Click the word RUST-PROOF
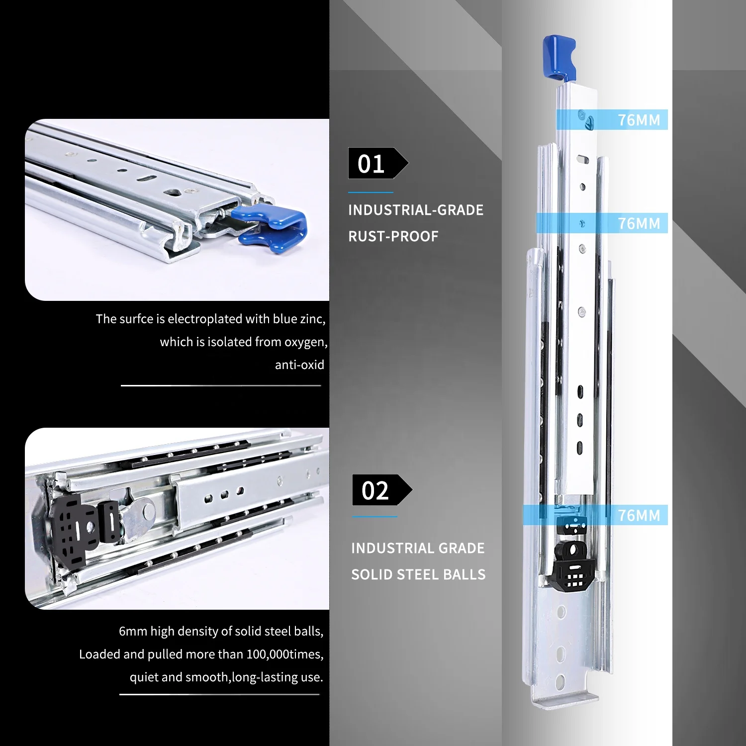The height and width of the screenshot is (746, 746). [393, 236]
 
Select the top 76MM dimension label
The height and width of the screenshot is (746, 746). [639, 120]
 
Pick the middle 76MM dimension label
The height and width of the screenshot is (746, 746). [639, 223]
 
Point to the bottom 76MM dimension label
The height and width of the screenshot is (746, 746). [639, 515]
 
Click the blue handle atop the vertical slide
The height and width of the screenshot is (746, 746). [559, 56]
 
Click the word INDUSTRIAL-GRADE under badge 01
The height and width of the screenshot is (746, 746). [416, 210]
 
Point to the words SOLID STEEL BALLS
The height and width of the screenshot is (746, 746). [418, 574]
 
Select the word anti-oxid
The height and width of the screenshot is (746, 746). [299, 365]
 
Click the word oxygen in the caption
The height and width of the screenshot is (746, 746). [305, 342]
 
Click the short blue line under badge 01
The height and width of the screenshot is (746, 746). [371, 192]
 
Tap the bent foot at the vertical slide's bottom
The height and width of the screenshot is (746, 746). [564, 699]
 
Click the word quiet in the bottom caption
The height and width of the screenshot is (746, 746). [144, 677]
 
